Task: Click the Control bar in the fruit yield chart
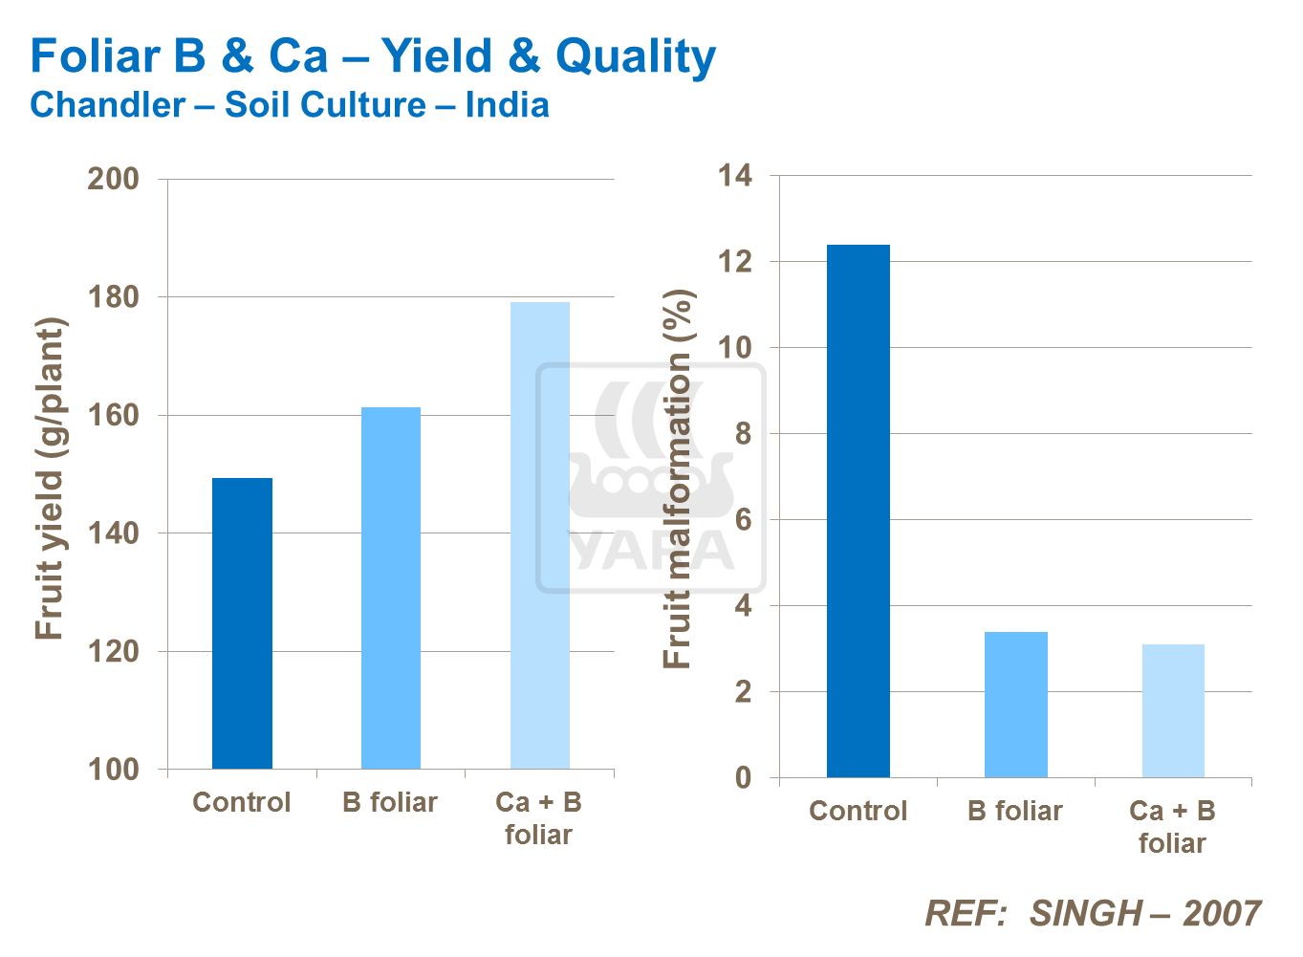point(242,623)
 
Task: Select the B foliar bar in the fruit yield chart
point(391,588)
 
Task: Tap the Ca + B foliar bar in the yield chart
point(540,535)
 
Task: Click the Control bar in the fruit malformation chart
point(858,511)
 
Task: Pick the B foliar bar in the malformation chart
point(1016,705)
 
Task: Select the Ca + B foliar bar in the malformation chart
point(1173,711)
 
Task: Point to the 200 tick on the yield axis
point(113,179)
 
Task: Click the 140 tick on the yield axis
point(113,533)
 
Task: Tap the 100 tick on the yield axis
point(113,770)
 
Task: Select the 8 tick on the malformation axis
point(743,434)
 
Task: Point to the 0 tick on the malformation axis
point(743,778)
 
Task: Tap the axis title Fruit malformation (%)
point(677,478)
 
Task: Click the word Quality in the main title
point(636,56)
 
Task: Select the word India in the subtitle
point(507,105)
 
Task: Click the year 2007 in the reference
point(1222,914)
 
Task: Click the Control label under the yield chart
point(242,802)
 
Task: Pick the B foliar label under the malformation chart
point(1015,811)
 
